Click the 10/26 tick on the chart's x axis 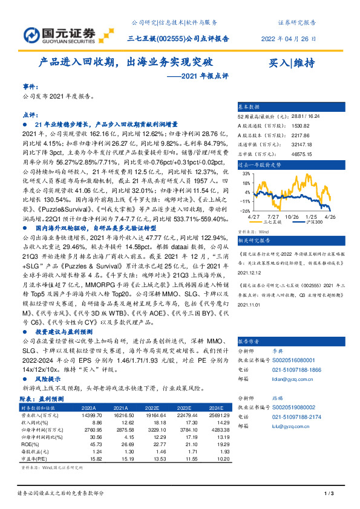click(293, 215)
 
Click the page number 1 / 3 click(330, 494)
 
